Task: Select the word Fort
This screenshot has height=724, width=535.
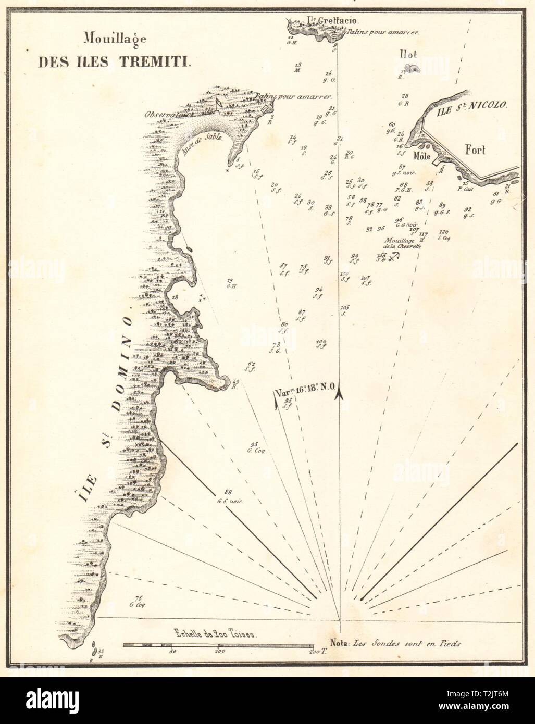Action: [475, 150]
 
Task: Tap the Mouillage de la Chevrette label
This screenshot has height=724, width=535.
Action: [403, 243]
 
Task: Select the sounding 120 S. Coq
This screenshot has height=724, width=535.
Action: [444, 234]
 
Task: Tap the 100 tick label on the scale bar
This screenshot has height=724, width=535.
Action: [219, 652]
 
